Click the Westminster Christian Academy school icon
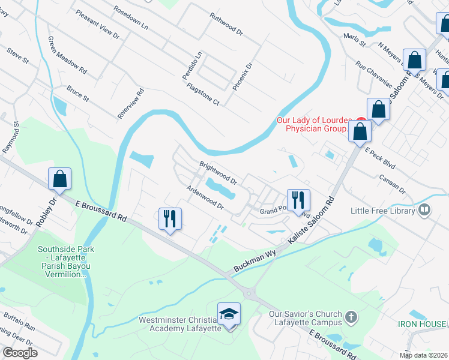[229, 314]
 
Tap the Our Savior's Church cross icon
[352, 316]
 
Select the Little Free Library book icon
[425, 210]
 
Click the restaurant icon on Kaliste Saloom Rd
[298, 199]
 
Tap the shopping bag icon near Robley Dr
[59, 179]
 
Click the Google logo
[20, 353]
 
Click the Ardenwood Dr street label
[205, 197]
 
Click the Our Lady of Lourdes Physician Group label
[312, 124]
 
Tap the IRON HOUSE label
[421, 324]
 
